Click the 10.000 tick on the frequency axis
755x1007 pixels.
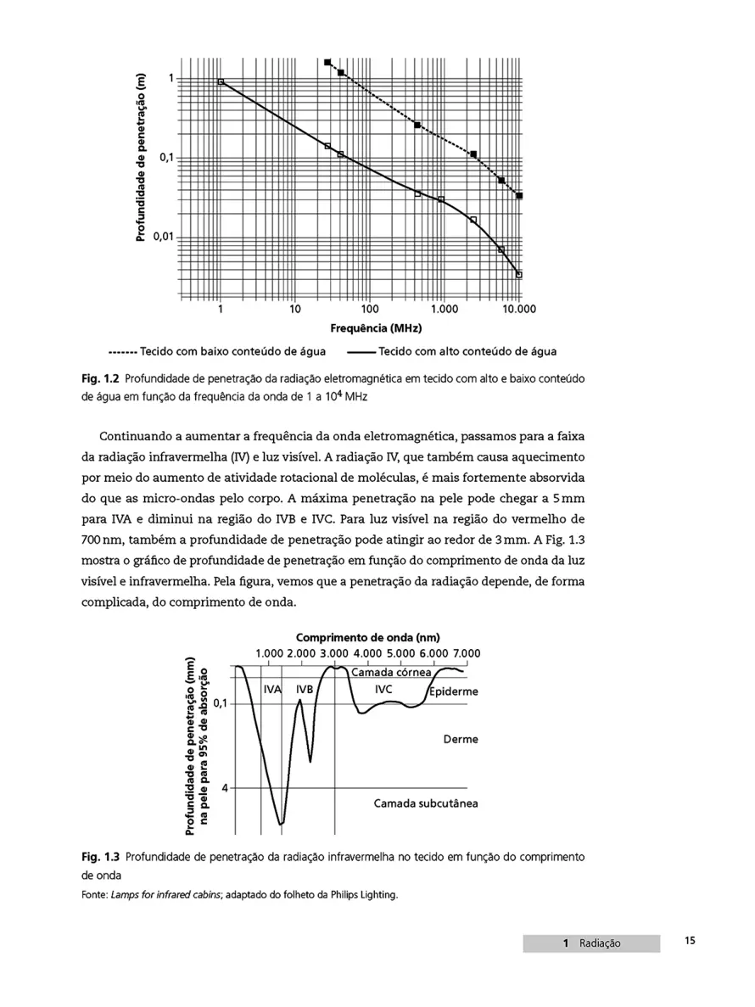pos(518,310)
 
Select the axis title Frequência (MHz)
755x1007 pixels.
pos(370,328)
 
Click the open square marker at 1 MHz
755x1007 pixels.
pos(221,81)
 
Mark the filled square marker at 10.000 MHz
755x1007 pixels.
pos(519,196)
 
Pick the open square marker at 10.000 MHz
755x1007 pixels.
pos(519,274)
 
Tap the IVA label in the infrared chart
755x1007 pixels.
pos(272,690)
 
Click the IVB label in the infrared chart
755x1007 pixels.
pos(305,690)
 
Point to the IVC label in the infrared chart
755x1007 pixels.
pos(383,689)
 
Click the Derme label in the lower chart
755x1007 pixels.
pos(461,739)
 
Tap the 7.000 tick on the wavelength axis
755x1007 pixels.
pos(466,653)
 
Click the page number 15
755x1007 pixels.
pos(690,941)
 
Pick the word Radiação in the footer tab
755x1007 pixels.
pos(600,943)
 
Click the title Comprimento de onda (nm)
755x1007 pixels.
pos(368,638)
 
